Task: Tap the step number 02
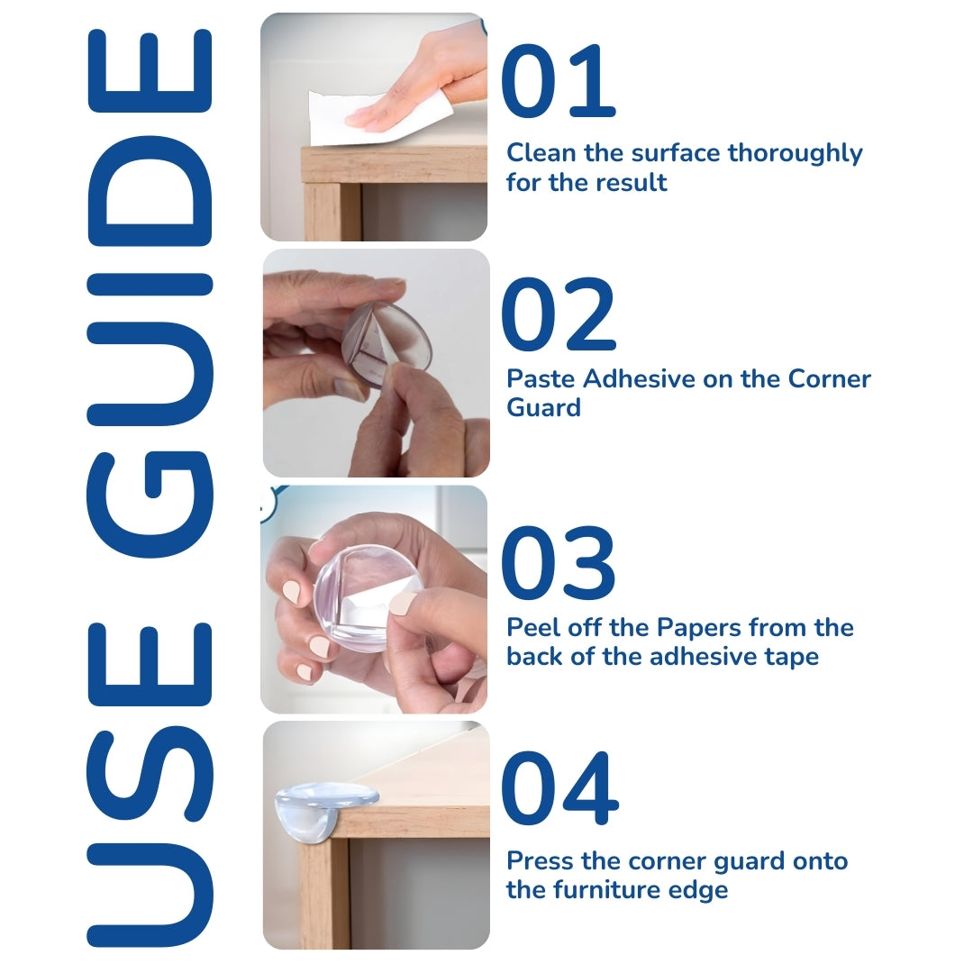pyautogui.click(x=558, y=315)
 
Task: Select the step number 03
pyautogui.click(x=558, y=564)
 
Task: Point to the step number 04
pyautogui.click(x=559, y=790)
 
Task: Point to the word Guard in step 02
pyautogui.click(x=543, y=408)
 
